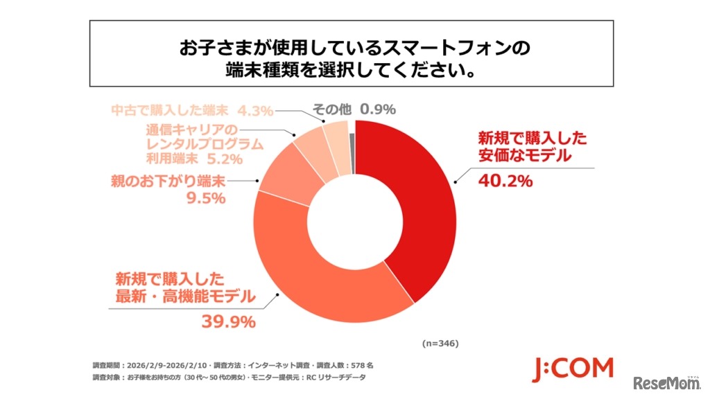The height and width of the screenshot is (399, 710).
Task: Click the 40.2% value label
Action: (x=505, y=181)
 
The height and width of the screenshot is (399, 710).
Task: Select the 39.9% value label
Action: (x=229, y=321)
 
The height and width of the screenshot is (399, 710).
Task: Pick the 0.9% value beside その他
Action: (x=379, y=109)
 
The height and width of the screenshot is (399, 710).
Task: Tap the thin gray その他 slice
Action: (x=352, y=145)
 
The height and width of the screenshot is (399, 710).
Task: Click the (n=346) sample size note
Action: (x=440, y=343)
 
